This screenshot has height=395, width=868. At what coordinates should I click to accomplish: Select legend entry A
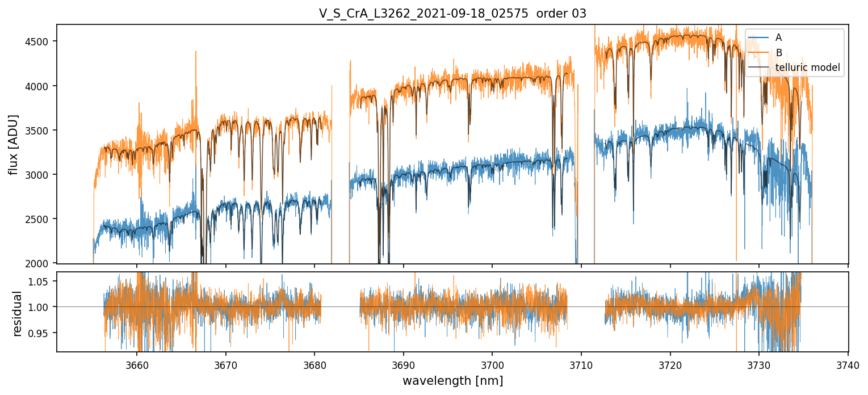(x=778, y=37)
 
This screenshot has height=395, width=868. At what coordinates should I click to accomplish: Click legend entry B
(x=778, y=53)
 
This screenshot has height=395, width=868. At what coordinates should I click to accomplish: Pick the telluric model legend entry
(x=807, y=68)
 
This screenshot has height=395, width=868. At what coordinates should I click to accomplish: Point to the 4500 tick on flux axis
(x=41, y=41)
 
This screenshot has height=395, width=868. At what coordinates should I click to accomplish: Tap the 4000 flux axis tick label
(x=41, y=86)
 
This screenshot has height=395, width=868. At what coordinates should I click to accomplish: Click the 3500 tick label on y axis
(x=41, y=130)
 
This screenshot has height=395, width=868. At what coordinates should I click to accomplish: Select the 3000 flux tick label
(x=41, y=174)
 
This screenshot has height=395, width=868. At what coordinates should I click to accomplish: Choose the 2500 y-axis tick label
(x=41, y=218)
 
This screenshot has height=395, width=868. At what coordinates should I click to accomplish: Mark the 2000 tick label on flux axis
(x=41, y=263)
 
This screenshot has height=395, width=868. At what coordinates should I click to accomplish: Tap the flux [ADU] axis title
(x=13, y=144)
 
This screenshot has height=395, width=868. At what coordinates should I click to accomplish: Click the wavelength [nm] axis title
(x=452, y=380)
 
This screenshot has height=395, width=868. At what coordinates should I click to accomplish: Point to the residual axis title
(x=18, y=313)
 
